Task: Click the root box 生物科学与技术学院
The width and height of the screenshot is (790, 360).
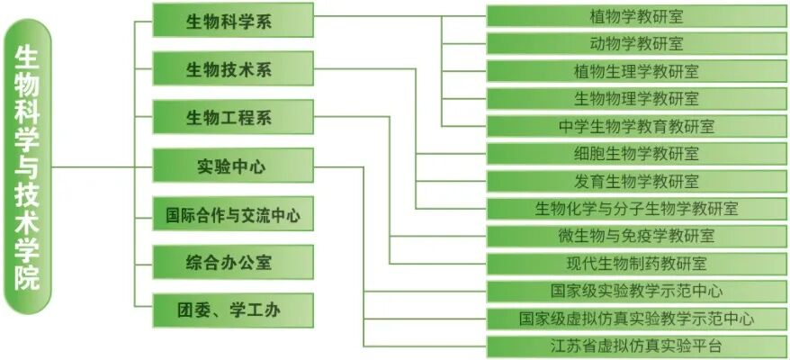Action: click(x=28, y=167)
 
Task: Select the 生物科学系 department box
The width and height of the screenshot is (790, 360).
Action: click(x=232, y=20)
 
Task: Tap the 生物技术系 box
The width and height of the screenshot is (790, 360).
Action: click(x=232, y=69)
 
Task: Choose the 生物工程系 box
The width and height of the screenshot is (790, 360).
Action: click(x=232, y=118)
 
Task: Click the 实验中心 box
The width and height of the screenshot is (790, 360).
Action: click(x=232, y=166)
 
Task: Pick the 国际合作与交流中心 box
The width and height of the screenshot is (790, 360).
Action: click(x=232, y=215)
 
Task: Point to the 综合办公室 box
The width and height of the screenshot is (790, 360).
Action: click(x=232, y=263)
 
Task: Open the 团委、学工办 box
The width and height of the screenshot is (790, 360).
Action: click(x=232, y=311)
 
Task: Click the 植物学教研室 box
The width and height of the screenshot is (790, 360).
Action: click(x=636, y=15)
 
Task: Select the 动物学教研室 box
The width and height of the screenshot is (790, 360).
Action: click(x=636, y=43)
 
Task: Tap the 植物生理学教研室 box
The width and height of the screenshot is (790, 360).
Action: click(x=636, y=71)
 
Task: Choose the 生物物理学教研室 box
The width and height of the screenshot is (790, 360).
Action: click(x=636, y=98)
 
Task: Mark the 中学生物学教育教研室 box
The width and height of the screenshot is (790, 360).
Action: click(x=636, y=126)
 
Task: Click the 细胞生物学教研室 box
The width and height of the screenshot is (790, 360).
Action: click(x=636, y=154)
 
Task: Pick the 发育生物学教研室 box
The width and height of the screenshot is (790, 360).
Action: click(x=636, y=181)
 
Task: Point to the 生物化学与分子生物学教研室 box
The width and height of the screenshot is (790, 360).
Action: click(x=636, y=209)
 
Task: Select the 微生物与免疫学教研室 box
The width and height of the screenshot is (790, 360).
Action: click(x=636, y=236)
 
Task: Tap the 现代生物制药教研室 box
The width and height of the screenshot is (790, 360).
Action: click(x=636, y=264)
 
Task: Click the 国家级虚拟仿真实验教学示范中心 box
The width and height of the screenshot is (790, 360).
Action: click(x=636, y=319)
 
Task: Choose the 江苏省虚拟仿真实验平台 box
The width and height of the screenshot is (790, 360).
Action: click(x=636, y=346)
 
